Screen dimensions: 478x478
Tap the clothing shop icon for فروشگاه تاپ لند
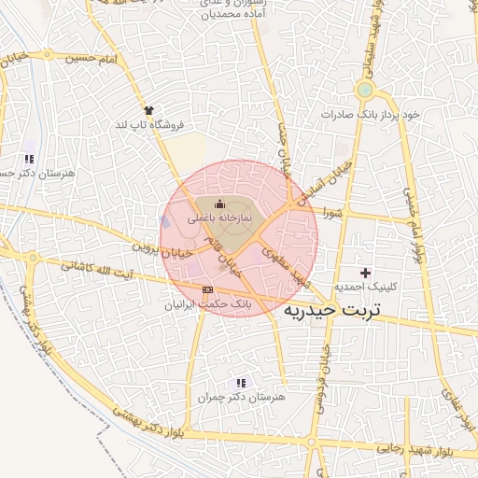click(148, 110)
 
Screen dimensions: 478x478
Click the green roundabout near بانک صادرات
click(364, 91)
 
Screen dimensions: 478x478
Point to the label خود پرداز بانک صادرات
click(371, 114)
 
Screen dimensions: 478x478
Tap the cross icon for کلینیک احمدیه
click(365, 272)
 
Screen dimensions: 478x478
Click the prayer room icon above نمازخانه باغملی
click(220, 204)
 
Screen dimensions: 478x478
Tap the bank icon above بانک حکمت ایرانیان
click(207, 289)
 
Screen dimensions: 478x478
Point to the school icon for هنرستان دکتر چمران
click(241, 383)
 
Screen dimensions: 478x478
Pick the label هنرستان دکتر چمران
click(240, 398)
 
